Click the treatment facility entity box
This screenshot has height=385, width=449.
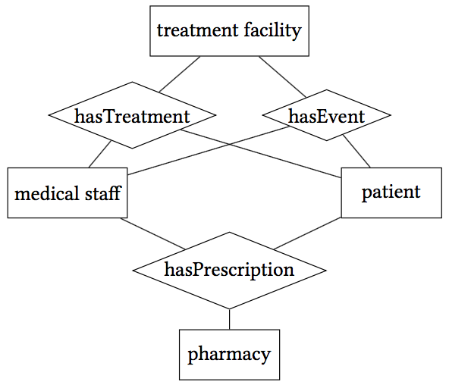point(229,31)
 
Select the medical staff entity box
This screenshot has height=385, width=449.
point(68,192)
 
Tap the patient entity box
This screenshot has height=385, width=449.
point(391,192)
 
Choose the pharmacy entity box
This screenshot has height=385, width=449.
point(229,355)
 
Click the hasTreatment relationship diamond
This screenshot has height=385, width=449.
point(132,115)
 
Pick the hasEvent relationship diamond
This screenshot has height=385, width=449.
point(327,115)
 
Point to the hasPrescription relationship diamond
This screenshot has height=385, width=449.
point(229,271)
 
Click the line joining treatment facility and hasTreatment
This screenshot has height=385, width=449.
point(180,74)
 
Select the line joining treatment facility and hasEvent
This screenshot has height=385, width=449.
point(282,77)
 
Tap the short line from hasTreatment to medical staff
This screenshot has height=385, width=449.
point(100,154)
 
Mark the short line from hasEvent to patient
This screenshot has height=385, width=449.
point(356,152)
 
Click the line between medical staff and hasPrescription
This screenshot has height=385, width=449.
point(152,233)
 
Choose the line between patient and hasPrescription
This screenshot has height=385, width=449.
point(307,233)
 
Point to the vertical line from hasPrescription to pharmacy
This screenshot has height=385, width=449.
point(229,319)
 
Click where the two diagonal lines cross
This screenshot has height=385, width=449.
point(229,145)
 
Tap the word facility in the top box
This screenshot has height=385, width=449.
point(272,30)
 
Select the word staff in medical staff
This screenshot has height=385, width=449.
point(103,192)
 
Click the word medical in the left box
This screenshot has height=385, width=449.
point(47,192)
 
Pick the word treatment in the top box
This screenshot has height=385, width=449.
point(198,30)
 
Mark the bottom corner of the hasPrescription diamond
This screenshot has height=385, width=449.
point(229,309)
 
